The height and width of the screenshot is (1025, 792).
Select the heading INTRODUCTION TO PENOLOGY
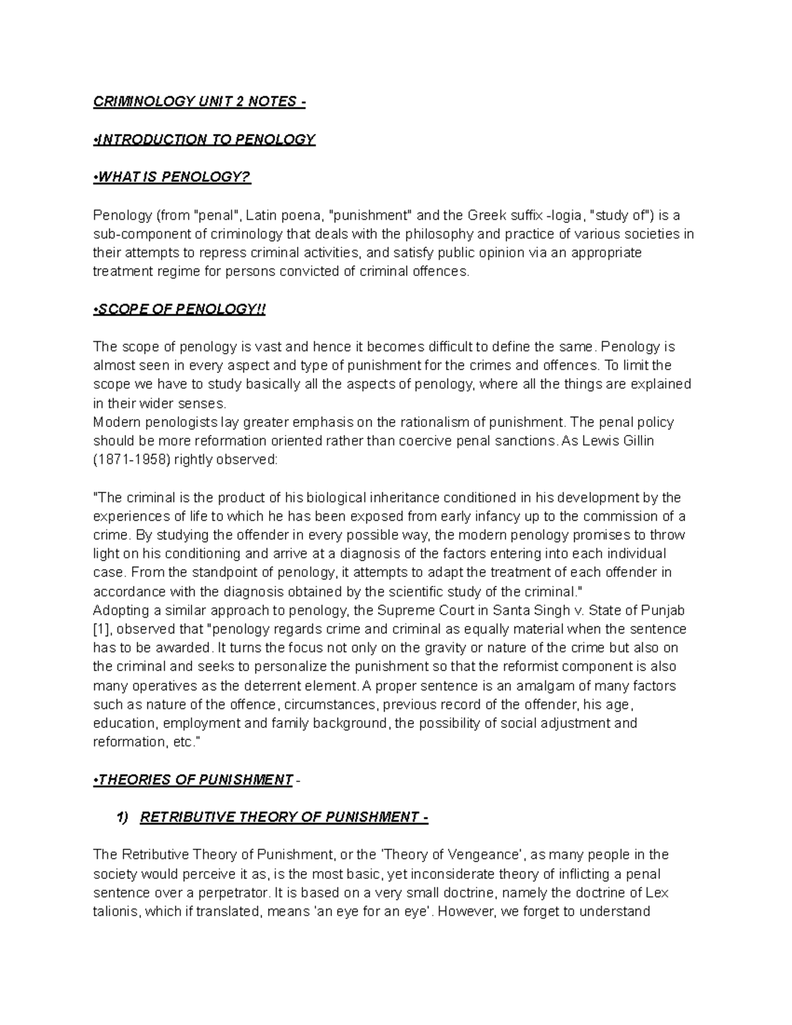click(205, 139)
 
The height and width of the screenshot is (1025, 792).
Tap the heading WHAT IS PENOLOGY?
click(174, 177)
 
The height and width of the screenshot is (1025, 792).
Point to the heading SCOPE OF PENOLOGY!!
click(180, 310)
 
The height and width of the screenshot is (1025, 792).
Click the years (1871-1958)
click(131, 460)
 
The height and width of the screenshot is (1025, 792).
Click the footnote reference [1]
click(102, 629)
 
